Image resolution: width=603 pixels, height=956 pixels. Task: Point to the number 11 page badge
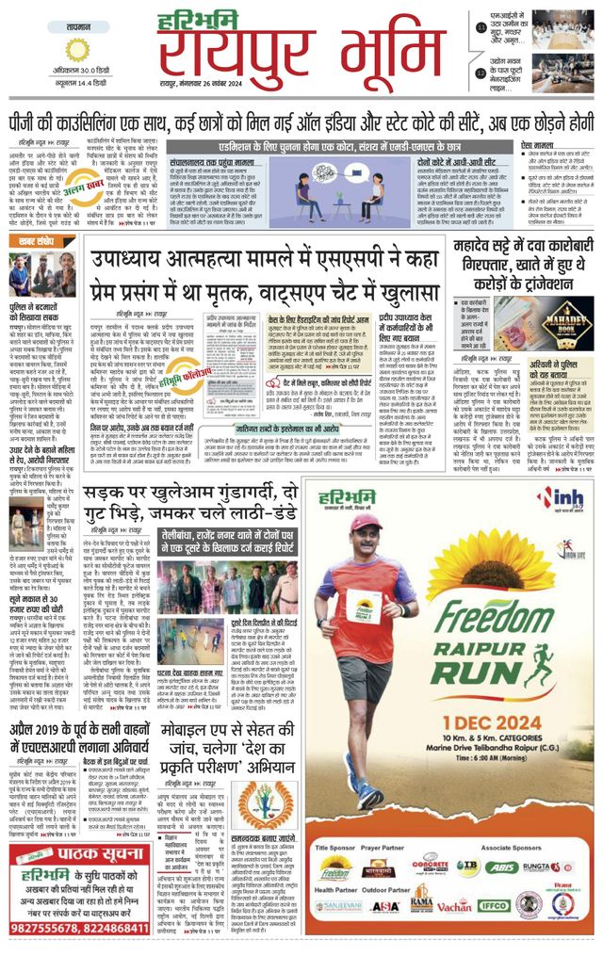[481, 28]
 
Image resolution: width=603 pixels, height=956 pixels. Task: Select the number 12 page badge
[481, 73]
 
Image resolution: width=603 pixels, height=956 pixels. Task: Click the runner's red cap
[366, 522]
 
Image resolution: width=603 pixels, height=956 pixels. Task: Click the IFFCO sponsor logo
[494, 906]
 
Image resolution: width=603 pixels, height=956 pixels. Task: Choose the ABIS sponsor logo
[501, 867]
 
